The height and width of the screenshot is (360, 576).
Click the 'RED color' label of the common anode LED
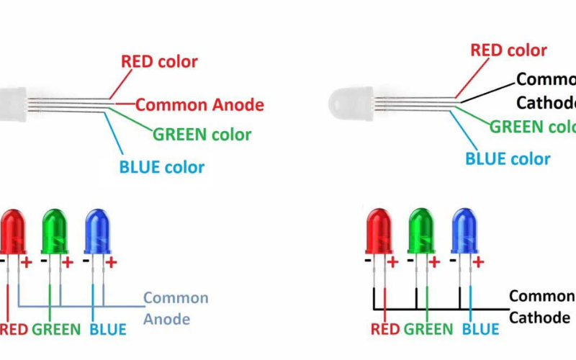[x=158, y=61]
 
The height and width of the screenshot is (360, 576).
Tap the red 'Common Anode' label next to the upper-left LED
[x=199, y=105]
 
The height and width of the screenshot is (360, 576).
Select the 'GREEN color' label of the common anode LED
[x=202, y=135]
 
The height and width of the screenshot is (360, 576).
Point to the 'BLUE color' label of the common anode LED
[x=161, y=168]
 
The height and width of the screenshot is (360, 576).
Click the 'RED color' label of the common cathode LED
[x=509, y=50]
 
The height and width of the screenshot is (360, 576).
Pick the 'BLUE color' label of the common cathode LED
[x=508, y=159]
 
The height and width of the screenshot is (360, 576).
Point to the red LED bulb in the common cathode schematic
[x=379, y=230]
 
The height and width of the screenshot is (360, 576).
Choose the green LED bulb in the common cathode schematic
[x=421, y=230]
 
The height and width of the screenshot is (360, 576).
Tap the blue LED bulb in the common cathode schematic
[x=464, y=230]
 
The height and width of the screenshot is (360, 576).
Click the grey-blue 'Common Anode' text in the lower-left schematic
[x=176, y=308]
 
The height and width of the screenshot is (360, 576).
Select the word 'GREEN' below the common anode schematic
[x=56, y=330]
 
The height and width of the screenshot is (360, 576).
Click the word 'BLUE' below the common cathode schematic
[x=480, y=330]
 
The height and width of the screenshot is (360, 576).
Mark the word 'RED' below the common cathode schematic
[x=385, y=330]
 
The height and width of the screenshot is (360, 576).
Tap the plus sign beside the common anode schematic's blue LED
[x=112, y=262]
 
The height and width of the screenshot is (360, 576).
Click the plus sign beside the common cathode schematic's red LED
[x=393, y=263]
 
